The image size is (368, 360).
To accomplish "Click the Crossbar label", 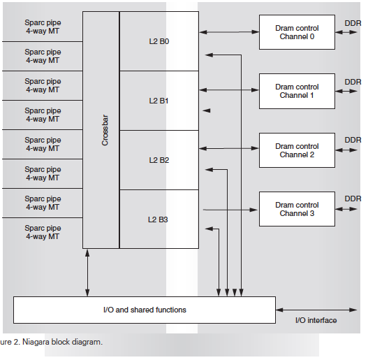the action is [x=105, y=130].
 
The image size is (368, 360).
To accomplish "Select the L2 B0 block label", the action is [x=159, y=41].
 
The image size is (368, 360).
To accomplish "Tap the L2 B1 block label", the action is [x=159, y=101].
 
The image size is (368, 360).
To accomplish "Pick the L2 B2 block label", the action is [x=159, y=160].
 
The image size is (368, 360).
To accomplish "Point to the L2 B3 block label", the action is [x=158, y=219].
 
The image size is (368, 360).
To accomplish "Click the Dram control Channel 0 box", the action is [x=297, y=32].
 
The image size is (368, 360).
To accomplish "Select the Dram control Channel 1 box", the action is [x=297, y=91].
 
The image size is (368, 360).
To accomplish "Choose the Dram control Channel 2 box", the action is [x=297, y=150].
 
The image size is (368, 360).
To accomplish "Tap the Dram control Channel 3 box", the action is [x=297, y=209].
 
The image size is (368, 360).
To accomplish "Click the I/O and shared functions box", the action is [x=145, y=310].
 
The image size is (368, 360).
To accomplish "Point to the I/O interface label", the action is [x=316, y=320].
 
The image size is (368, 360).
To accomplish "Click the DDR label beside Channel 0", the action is [x=353, y=23].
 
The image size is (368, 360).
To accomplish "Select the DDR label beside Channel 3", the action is [x=353, y=199].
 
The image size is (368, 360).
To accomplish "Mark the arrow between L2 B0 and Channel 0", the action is [x=229, y=32].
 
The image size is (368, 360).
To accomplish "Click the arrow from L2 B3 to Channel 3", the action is [x=230, y=210].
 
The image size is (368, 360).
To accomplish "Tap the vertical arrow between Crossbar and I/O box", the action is [x=87, y=273].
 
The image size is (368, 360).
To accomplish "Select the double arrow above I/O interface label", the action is [x=316, y=310].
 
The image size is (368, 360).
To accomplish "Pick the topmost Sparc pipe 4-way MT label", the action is [x=43, y=27].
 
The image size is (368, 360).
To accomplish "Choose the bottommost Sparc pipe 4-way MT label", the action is [x=43, y=232].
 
